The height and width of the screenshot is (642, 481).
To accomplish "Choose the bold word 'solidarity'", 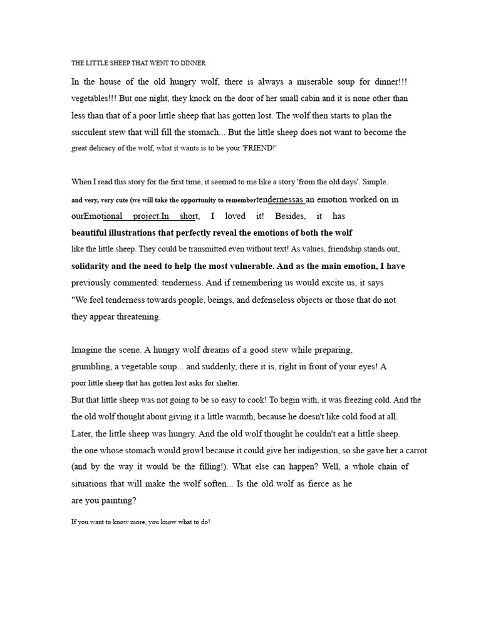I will tap(95, 266).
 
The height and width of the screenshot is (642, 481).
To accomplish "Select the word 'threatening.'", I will tap(133, 317).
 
